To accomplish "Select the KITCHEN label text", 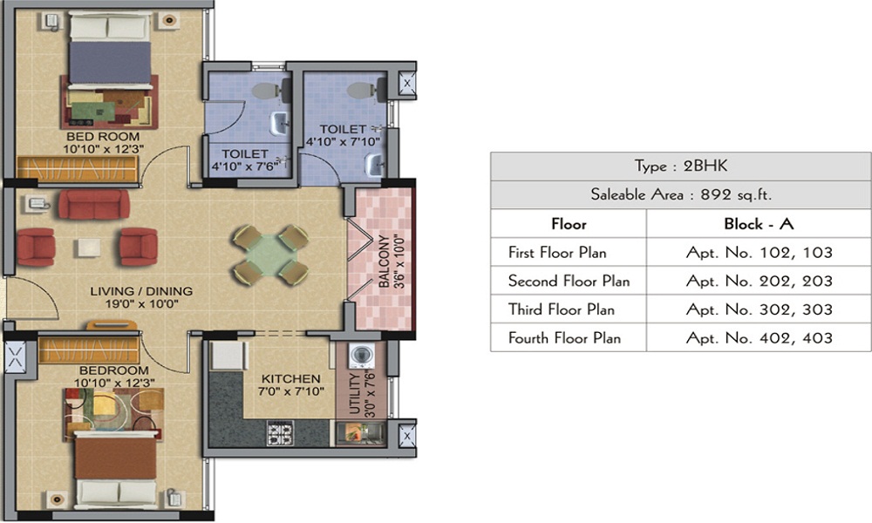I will click(x=291, y=379).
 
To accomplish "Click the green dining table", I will click(x=269, y=254).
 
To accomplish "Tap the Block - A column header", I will click(x=758, y=224).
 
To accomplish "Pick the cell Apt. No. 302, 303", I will click(x=758, y=309).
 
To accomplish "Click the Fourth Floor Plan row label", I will click(x=564, y=337).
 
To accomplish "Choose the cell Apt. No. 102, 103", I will click(x=758, y=253).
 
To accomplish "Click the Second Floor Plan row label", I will click(x=569, y=282).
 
